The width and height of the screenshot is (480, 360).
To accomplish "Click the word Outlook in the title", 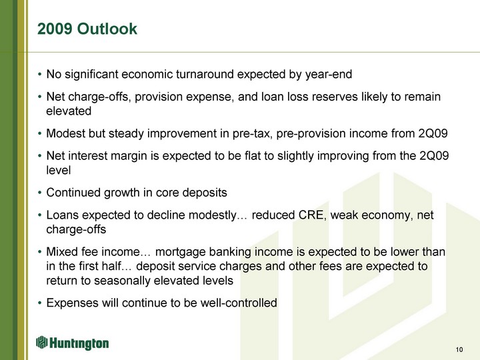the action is point(107,29).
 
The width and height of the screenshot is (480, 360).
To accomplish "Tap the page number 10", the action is point(459,349).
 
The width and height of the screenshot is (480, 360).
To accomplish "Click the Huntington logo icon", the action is point(41,342).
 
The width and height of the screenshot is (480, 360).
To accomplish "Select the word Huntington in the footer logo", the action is point(79,343).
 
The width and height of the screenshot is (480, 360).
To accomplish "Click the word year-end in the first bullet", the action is point(329,75).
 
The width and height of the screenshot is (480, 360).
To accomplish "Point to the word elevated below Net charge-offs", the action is point(69,111).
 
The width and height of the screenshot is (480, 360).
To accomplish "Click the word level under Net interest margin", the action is point(59,170).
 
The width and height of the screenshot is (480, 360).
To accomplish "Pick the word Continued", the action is point(73,193).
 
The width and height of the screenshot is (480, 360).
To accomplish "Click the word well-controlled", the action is point(239,303).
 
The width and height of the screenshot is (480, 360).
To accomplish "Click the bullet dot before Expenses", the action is point(39,303).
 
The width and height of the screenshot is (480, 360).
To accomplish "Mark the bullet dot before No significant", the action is point(39,75).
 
